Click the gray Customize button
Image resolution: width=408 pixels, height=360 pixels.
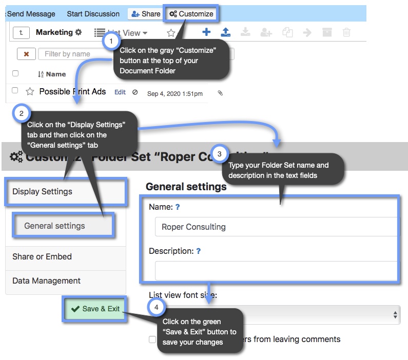[x=191, y=14]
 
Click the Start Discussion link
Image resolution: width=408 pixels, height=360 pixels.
[x=93, y=14]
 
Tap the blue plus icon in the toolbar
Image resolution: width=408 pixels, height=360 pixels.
[x=206, y=32]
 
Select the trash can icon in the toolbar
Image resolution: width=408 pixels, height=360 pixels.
[x=346, y=32]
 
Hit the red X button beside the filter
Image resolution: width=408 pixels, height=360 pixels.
[x=26, y=54]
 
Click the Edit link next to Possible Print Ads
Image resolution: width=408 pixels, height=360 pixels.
[x=120, y=92]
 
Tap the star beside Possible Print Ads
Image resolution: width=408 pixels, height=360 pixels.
[x=30, y=92]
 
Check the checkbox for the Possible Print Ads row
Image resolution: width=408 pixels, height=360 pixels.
[x=15, y=91]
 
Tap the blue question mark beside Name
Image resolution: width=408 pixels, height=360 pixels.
[x=178, y=207]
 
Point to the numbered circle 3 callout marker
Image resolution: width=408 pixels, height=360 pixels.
[x=220, y=153]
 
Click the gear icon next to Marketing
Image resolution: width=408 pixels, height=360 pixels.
[x=79, y=32]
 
